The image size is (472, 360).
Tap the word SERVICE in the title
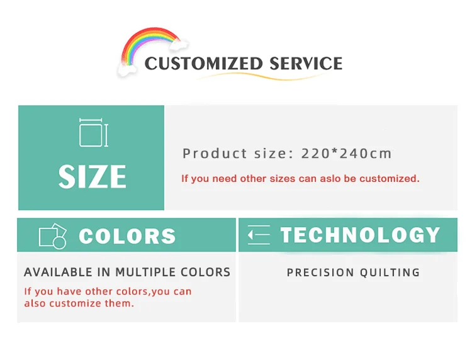pos(306,64)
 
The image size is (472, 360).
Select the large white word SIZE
pos(93,177)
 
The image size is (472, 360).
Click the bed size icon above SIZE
pos(93,133)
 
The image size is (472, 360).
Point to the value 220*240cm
pos(346,154)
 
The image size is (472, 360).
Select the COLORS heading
pos(127,236)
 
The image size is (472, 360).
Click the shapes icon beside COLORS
pos(52,236)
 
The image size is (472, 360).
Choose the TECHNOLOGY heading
pos(360,235)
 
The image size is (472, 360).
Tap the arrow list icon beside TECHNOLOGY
pos(259,235)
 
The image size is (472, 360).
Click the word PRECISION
pos(320,273)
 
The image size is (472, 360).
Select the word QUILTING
pos(390,273)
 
